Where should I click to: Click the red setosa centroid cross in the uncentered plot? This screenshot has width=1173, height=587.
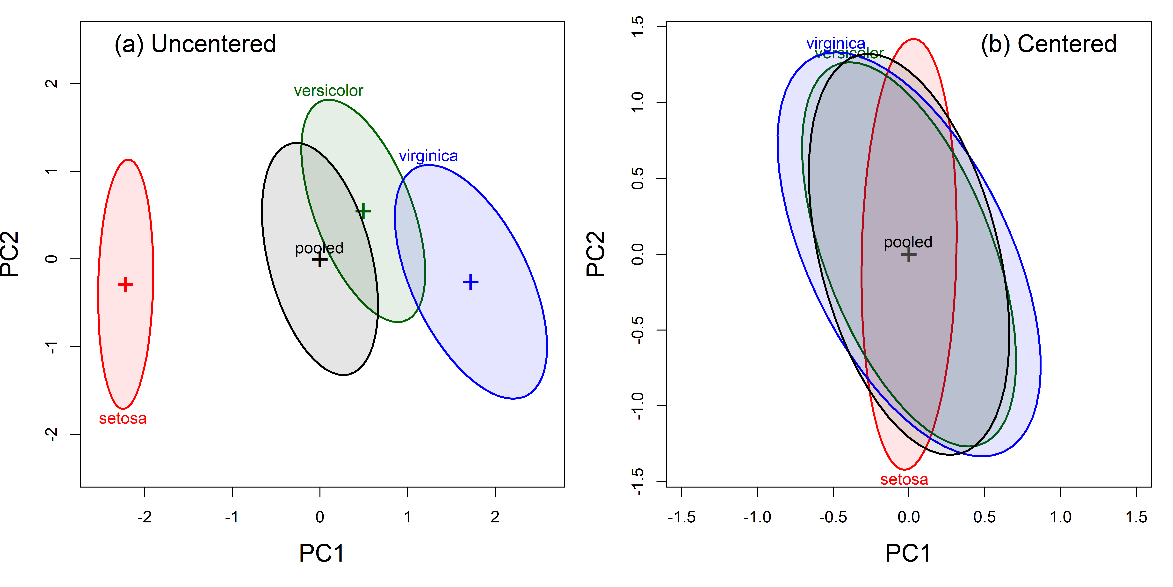coord(125,285)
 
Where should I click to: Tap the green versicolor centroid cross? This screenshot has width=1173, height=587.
coord(363,211)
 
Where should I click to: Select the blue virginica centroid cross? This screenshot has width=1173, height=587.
coord(470,282)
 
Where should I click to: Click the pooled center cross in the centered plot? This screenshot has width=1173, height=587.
coord(908,254)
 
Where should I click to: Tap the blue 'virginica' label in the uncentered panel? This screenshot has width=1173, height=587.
coord(428,156)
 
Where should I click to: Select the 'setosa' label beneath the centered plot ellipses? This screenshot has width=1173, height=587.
coord(904,479)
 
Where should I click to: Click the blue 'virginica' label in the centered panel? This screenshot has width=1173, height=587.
coord(836,43)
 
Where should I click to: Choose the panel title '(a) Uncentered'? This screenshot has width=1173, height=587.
coord(195,44)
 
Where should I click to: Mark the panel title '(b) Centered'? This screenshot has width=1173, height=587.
coord(1048,44)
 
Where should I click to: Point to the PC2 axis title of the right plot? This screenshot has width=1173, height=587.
coord(596,254)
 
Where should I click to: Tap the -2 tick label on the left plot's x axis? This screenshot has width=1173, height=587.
coord(144,517)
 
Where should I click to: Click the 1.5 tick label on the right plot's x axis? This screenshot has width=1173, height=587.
coord(1136,517)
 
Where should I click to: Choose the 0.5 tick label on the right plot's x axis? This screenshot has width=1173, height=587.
coord(985,517)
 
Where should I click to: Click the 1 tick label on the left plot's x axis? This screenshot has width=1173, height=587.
coord(407,517)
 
